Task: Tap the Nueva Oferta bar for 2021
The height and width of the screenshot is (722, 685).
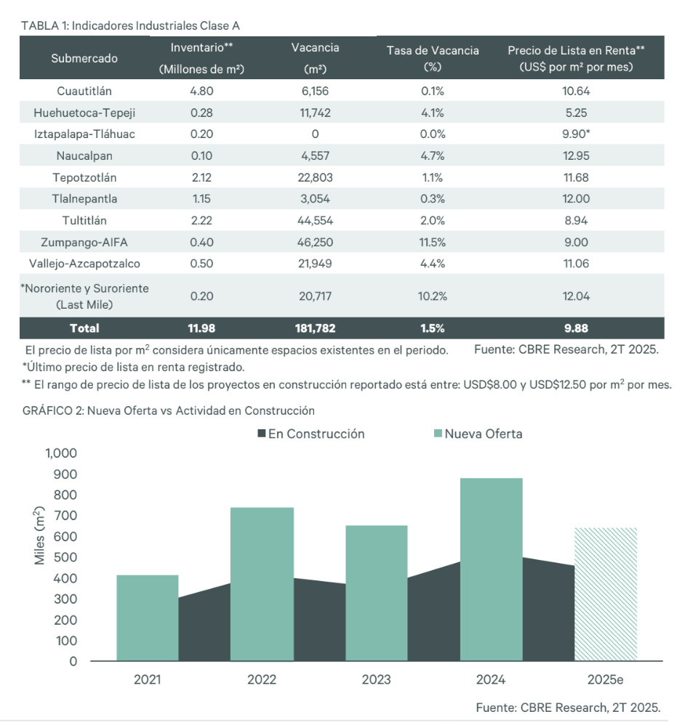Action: (x=147, y=617)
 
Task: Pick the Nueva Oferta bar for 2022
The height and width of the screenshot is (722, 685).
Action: (x=261, y=584)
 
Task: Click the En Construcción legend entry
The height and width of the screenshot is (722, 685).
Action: (x=311, y=434)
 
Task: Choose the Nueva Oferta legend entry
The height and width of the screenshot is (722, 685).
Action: (x=478, y=434)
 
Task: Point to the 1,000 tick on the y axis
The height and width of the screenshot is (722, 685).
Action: (x=61, y=453)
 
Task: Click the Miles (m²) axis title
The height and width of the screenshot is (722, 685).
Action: (x=40, y=537)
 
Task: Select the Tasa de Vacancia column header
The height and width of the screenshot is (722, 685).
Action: (x=433, y=57)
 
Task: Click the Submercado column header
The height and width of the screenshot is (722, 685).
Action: (x=84, y=58)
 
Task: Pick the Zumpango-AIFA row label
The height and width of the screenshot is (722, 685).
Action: (x=84, y=243)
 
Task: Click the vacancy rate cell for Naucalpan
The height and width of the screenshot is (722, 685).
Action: (x=433, y=155)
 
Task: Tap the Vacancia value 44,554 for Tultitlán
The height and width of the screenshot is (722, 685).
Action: (x=315, y=221)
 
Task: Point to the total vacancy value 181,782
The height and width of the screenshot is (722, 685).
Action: (x=315, y=328)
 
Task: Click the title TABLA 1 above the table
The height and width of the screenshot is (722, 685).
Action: (x=131, y=25)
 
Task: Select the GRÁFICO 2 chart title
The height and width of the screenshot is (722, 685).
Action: (x=168, y=410)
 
